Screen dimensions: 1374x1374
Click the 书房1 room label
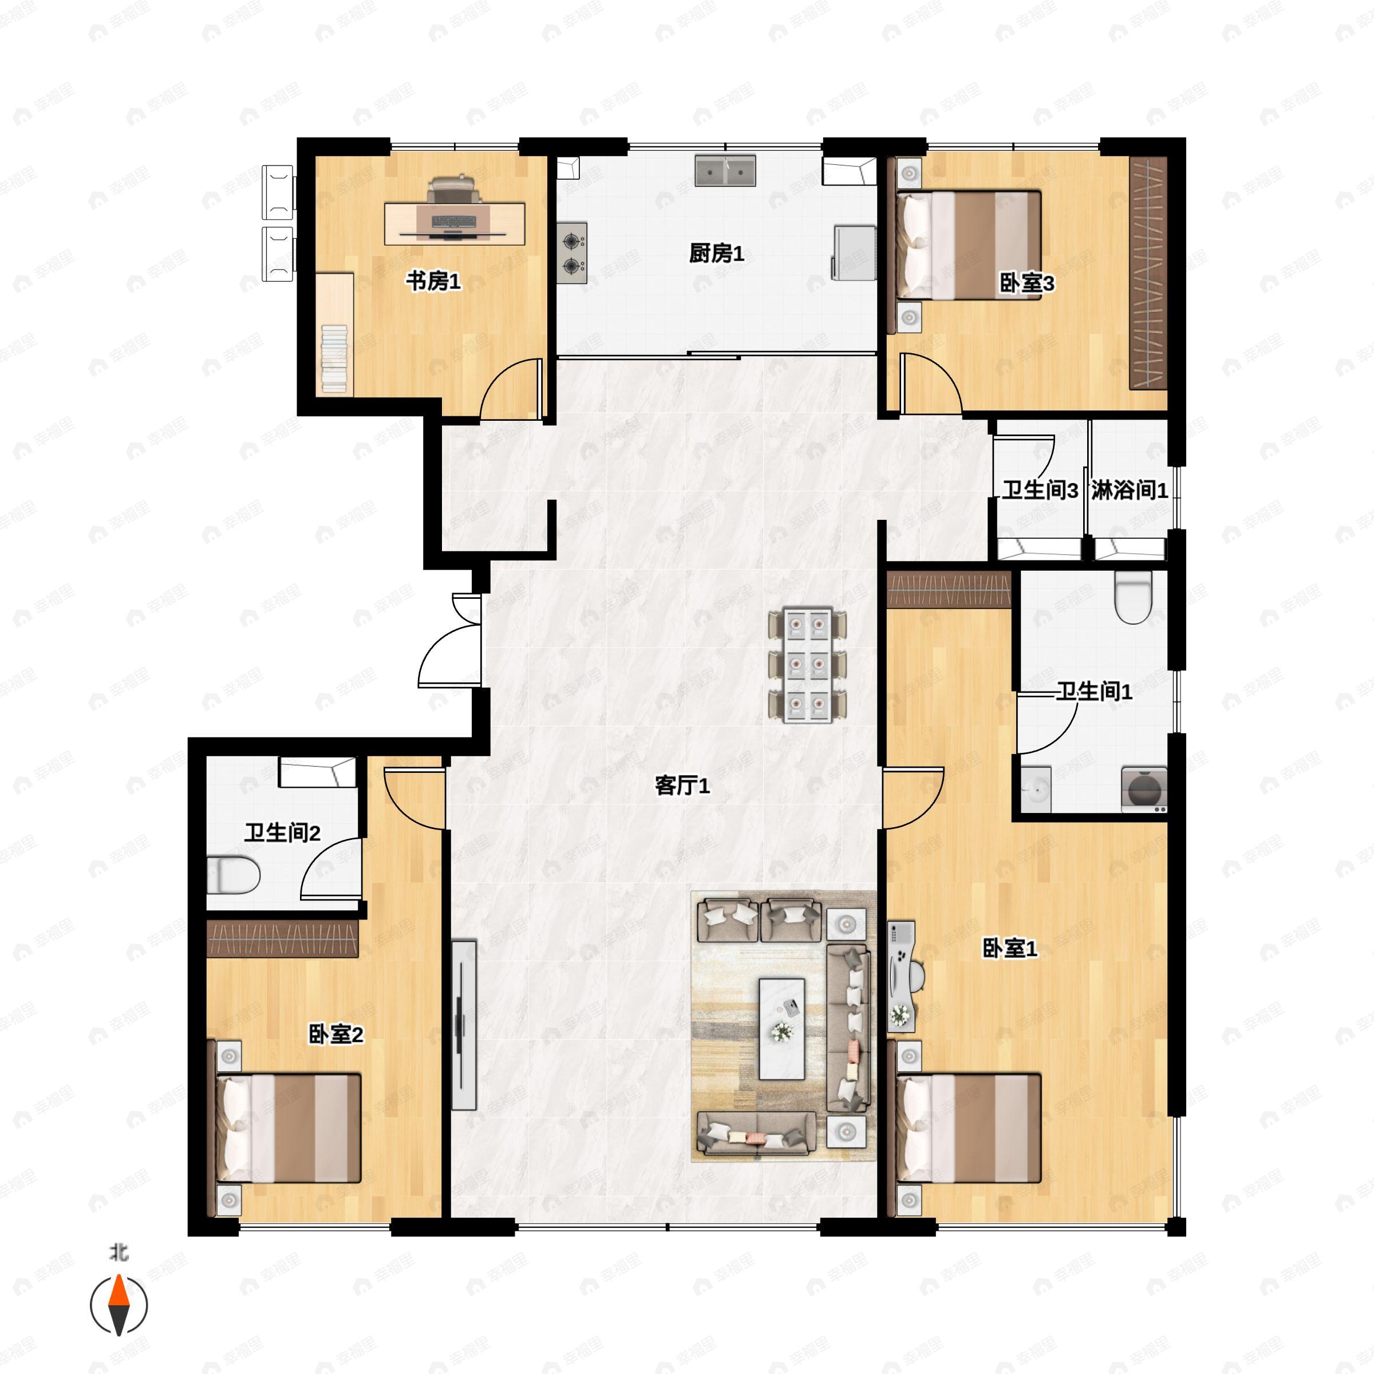click(433, 282)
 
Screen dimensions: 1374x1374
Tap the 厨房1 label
click(716, 253)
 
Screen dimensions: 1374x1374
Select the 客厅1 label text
click(682, 786)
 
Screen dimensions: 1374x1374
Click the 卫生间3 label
click(1040, 490)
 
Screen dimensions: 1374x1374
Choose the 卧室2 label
click(335, 1034)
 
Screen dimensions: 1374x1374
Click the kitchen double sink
click(725, 171)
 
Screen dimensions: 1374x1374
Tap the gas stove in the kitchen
click(572, 253)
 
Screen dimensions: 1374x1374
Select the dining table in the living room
click(807, 665)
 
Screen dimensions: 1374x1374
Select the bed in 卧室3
click(969, 244)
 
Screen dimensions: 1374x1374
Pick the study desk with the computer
click(455, 223)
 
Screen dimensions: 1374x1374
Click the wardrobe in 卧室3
click(1148, 273)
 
